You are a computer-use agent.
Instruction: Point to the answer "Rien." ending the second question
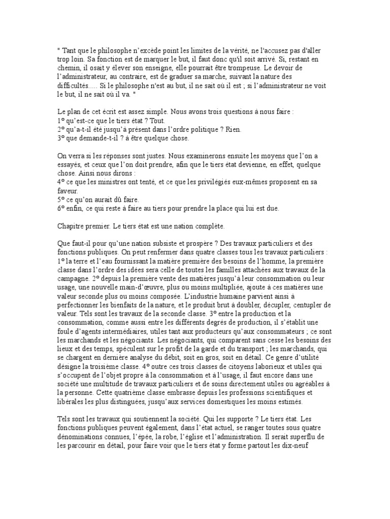233,129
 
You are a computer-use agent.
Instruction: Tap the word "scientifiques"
302,393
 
